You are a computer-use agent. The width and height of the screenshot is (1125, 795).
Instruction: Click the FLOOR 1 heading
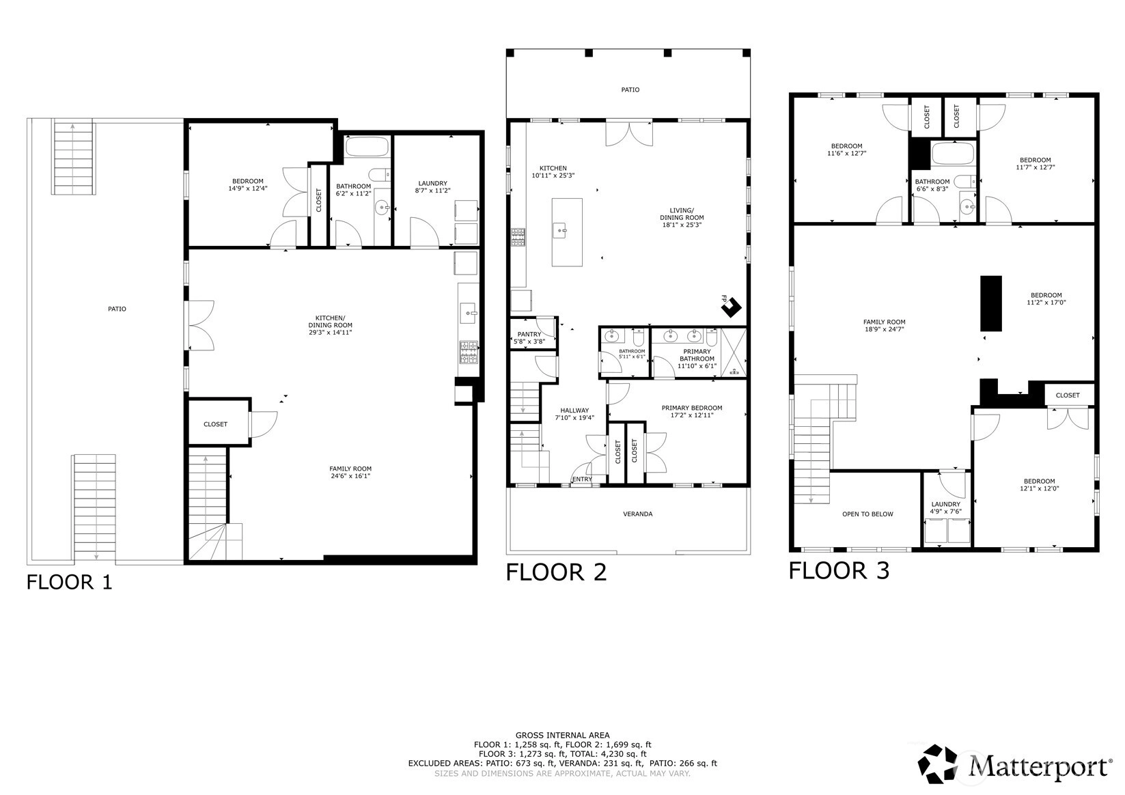point(69,582)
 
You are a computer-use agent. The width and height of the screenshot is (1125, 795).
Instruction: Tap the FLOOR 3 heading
point(839,570)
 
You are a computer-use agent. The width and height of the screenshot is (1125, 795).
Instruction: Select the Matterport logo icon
point(938,764)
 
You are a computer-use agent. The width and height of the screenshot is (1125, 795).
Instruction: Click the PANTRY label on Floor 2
point(529,334)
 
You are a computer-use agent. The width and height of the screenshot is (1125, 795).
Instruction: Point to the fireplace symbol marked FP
point(732,307)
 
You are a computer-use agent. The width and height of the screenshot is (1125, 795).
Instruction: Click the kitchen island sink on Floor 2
point(560,231)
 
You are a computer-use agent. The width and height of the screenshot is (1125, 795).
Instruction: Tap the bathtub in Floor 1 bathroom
point(367,147)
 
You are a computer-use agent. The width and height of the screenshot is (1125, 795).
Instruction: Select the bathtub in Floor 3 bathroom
point(953,154)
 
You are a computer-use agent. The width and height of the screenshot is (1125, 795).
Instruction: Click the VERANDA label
point(638,514)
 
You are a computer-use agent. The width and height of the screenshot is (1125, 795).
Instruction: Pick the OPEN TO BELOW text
point(868,514)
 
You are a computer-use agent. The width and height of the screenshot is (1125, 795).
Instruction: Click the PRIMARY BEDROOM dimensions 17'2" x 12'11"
point(692,415)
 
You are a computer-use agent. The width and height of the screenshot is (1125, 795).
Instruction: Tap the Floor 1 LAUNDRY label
point(433,183)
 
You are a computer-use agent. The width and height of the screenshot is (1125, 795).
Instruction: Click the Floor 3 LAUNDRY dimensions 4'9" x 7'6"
point(946,512)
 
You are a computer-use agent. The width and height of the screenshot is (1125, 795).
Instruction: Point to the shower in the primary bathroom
point(734,352)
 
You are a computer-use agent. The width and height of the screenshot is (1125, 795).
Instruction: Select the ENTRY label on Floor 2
point(582,479)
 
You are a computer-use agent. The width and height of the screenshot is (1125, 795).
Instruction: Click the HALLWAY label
point(574,410)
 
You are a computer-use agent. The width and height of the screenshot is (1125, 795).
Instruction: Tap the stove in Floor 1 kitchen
point(469,352)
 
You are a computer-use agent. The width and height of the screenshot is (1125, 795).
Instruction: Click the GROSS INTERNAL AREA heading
point(563,735)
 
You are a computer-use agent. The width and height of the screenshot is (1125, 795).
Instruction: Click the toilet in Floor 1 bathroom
point(380,175)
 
